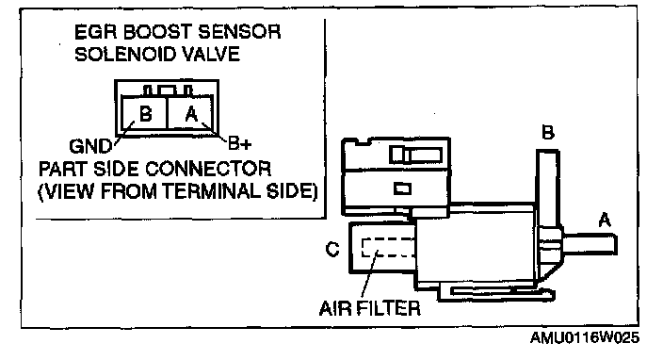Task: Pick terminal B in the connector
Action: click(x=145, y=114)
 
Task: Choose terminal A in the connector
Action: click(x=191, y=114)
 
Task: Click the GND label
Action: click(x=90, y=147)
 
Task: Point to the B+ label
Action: click(x=239, y=143)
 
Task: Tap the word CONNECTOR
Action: click(x=208, y=169)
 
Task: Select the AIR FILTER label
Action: click(x=370, y=308)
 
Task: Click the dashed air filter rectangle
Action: click(x=388, y=248)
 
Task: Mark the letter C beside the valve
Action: click(x=332, y=249)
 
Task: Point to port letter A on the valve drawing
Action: click(x=605, y=221)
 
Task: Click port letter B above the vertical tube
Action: click(x=548, y=133)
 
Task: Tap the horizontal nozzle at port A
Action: click(x=590, y=244)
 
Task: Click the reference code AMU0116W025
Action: click(x=584, y=338)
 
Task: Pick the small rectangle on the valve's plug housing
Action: click(x=402, y=188)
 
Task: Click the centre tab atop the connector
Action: click(x=167, y=90)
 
